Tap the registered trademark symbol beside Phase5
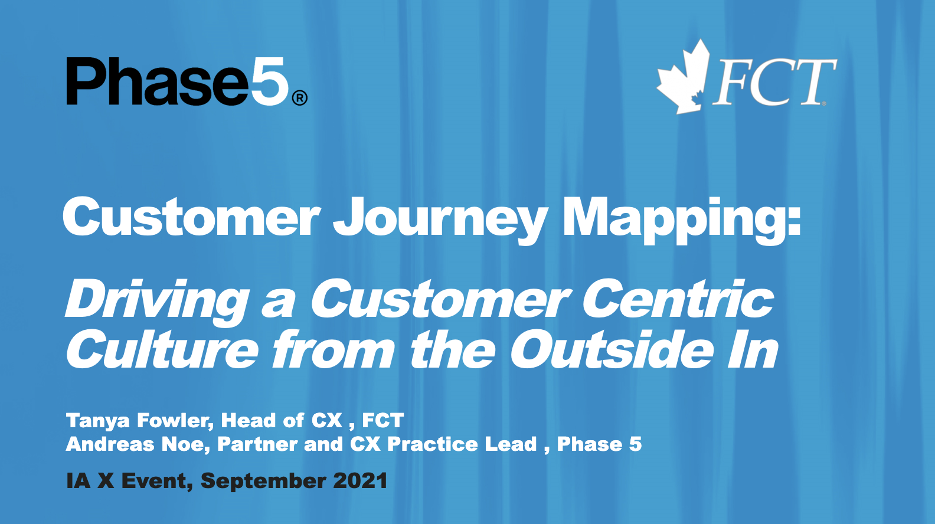299,98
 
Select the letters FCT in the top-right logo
774,81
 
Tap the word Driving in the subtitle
157,303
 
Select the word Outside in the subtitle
612,349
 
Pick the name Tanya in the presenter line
98,421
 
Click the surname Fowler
175,421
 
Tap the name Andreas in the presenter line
110,444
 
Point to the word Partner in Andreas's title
257,444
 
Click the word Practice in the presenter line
433,444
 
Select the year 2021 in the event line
360,481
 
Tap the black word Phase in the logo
158,81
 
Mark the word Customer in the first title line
191,217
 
